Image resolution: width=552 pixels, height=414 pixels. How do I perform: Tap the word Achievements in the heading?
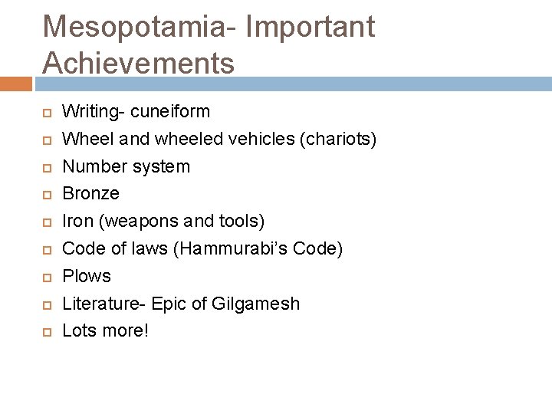point(139,64)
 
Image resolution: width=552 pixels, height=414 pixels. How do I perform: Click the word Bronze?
point(90,194)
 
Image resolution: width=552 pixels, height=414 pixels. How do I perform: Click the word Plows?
point(87,276)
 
